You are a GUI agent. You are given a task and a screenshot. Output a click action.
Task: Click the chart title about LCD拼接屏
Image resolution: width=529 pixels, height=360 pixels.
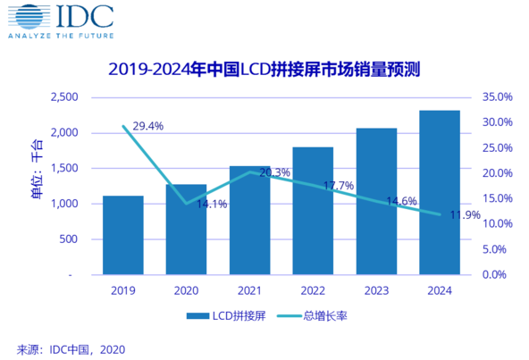tap(264, 69)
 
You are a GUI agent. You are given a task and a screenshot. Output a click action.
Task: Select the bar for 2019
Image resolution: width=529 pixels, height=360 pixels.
tap(123, 235)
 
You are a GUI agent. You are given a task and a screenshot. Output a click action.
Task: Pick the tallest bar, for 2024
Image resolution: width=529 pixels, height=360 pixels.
tap(440, 192)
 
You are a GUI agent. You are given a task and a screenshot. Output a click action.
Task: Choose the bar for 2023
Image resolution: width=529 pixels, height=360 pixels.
tap(376, 201)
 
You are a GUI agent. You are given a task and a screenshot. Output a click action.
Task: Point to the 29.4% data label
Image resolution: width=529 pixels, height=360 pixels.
tap(147, 127)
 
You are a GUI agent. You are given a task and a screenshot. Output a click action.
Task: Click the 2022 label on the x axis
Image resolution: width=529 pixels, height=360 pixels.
tap(313, 291)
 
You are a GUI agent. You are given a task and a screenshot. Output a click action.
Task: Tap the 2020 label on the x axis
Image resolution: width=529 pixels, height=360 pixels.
tap(186, 291)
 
